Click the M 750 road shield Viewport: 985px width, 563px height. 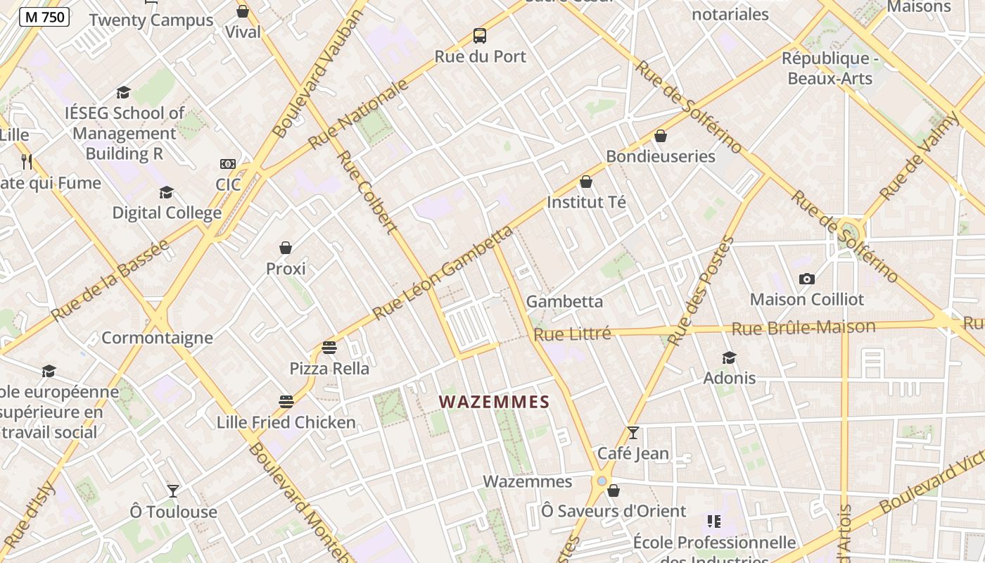pos(44,17)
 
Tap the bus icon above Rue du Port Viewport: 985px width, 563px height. pos(480,36)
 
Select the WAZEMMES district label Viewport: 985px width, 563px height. pos(494,402)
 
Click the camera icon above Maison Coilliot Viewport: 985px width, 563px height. pos(807,279)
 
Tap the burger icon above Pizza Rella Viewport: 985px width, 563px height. pos(329,347)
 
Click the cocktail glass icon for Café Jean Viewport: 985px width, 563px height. pos(633,432)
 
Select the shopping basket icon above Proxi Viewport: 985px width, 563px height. pos(286,248)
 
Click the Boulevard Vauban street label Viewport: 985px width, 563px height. pos(317,74)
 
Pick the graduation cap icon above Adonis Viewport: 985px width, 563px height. pos(729,358)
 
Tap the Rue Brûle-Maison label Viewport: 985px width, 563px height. pos(803,327)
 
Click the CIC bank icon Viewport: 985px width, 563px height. pos(228,164)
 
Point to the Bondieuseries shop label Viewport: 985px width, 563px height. pos(661,156)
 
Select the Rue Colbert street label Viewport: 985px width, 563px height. pos(367,191)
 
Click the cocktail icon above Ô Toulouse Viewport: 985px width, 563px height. pos(173,491)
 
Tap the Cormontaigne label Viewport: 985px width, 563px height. pos(157,338)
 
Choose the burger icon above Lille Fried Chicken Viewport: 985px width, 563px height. pos(286,402)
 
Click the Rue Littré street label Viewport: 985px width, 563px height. pos(572,334)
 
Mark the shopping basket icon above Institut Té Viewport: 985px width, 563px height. pos(586,182)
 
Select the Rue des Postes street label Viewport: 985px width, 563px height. pos(700,292)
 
